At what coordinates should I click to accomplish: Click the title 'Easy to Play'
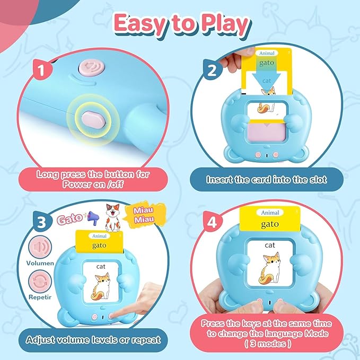[x=180, y=24]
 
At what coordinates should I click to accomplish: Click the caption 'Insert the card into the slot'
[x=266, y=180]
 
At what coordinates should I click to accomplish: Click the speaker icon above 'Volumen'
[x=40, y=247]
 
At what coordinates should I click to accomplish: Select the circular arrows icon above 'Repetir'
[x=40, y=279]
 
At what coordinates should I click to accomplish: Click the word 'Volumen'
[x=40, y=262]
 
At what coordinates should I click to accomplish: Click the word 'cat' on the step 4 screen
[x=270, y=245]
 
